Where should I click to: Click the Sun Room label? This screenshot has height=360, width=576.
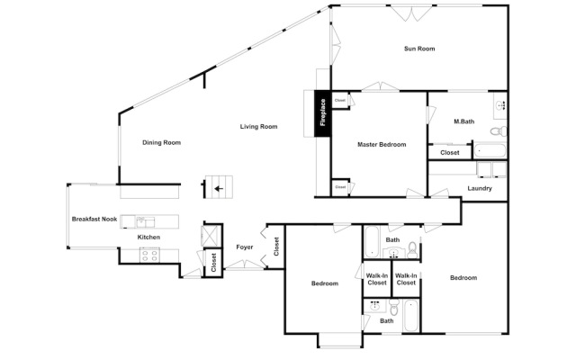(x=419, y=49)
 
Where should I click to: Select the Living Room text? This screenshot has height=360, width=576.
(x=258, y=127)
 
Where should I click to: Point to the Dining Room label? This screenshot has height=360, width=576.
(x=162, y=142)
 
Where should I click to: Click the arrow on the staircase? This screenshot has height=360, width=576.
(x=217, y=189)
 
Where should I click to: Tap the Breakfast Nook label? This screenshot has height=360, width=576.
(x=94, y=220)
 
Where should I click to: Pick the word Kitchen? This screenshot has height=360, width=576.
(x=148, y=237)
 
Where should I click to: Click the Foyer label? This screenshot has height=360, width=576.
(x=244, y=247)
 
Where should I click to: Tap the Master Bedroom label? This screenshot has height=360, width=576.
(x=382, y=144)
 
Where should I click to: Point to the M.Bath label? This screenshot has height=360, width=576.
(x=464, y=121)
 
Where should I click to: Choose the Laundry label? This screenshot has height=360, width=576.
(x=480, y=188)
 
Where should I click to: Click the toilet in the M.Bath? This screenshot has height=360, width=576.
(x=500, y=105)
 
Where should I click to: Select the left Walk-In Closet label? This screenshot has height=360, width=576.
(x=377, y=279)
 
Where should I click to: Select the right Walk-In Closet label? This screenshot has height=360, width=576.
(x=407, y=279)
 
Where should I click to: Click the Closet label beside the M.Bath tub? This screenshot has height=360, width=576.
(x=449, y=153)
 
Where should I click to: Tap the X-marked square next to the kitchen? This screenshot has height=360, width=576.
(x=211, y=233)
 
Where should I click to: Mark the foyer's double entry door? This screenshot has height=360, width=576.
(x=240, y=265)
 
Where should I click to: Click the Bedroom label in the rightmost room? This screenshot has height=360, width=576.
(x=463, y=278)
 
